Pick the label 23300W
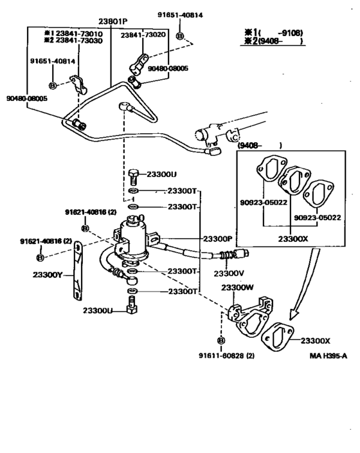238,288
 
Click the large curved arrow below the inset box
302,290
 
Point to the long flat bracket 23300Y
76,271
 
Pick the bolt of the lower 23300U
132,308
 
